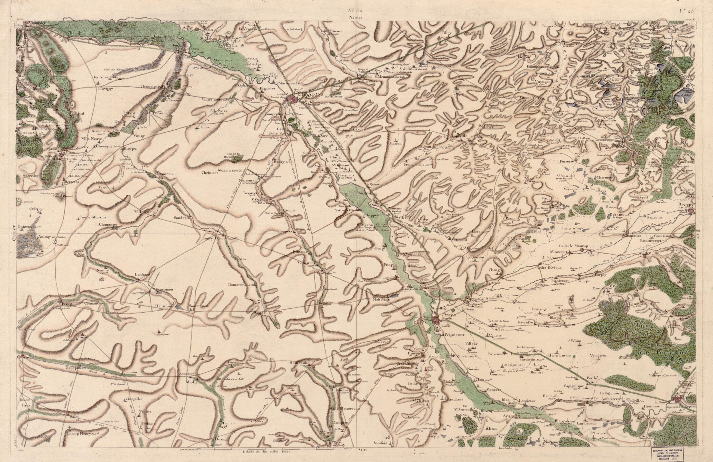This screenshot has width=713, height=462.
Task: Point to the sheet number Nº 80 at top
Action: pyautogui.click(x=356, y=11)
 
